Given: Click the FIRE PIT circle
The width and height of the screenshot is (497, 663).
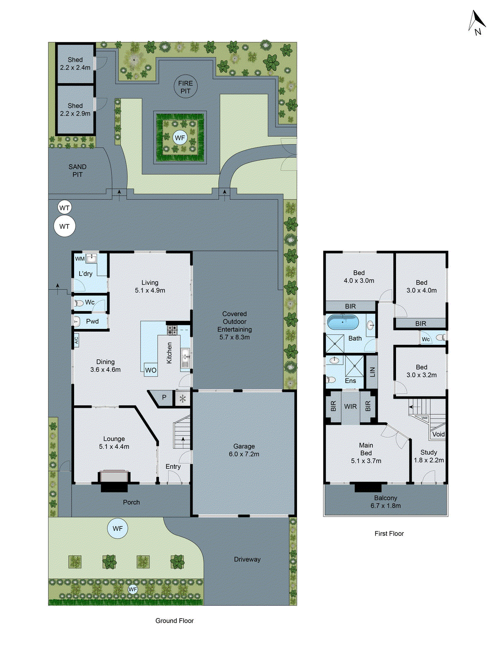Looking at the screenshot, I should (x=185, y=87).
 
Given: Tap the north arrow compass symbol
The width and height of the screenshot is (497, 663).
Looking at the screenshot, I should (x=477, y=22).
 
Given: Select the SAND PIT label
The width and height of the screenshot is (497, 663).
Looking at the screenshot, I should (x=77, y=170).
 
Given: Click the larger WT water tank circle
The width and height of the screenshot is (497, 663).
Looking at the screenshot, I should (x=65, y=226).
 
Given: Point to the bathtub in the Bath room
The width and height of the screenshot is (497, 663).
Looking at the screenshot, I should (x=343, y=322).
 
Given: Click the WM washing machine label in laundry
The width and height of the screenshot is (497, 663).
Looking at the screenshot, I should (x=80, y=259).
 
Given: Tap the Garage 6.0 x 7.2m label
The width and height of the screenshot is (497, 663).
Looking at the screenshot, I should (x=244, y=450).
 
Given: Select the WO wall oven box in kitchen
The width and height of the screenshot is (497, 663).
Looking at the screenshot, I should (x=151, y=370).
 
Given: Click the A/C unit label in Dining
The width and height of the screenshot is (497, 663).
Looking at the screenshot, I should (x=76, y=341).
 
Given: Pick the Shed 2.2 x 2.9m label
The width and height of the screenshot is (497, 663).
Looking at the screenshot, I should (x=75, y=109).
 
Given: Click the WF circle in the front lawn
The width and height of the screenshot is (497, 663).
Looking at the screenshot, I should (x=118, y=529).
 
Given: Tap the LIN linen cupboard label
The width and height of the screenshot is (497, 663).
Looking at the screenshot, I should (x=372, y=372).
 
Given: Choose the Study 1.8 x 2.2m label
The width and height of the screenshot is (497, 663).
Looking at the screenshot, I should (x=429, y=456).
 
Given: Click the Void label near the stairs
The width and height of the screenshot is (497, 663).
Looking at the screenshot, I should (x=438, y=434).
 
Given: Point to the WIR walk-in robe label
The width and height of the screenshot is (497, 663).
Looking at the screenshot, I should (x=350, y=407).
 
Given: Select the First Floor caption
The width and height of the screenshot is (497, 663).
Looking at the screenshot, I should (x=389, y=534).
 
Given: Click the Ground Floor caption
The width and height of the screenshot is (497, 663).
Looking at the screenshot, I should (x=174, y=621).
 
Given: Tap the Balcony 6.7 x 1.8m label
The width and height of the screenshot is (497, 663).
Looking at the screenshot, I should (x=386, y=502).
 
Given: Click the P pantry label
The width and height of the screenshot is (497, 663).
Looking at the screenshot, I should (x=164, y=397).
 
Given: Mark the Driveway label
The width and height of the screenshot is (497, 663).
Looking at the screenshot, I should (x=247, y=559).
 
